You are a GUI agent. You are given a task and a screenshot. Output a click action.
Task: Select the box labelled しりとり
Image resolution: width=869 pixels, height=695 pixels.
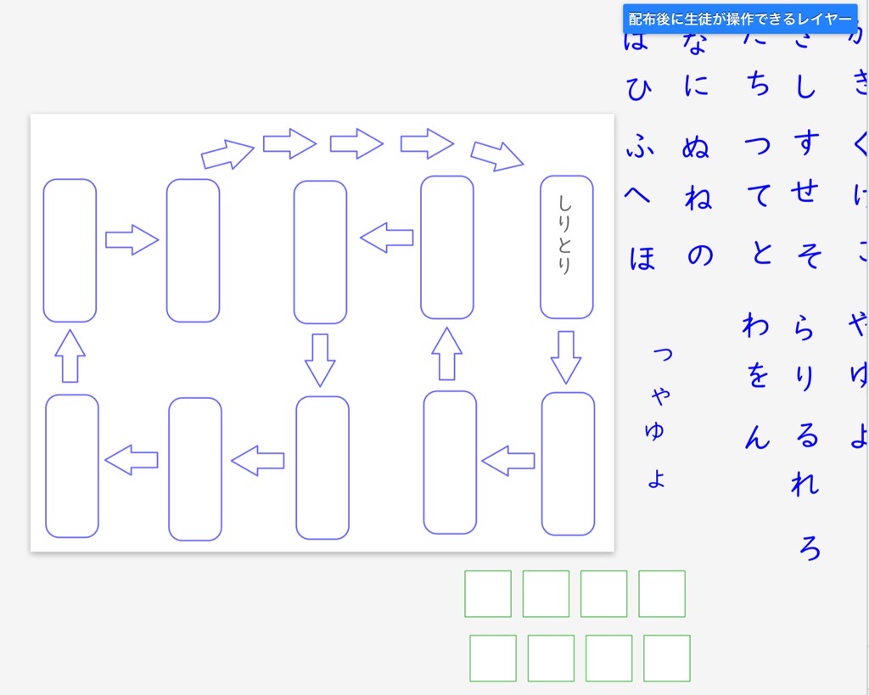click(566, 247)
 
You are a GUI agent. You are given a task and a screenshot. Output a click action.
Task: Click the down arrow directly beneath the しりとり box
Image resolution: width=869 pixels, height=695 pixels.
click(566, 356)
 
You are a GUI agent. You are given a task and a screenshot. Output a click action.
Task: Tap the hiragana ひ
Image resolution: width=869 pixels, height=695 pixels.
click(637, 87)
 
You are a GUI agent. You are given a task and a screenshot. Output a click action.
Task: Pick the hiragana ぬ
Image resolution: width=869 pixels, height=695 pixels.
click(695, 148)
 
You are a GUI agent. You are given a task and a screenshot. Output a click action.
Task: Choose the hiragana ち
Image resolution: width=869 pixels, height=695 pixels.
click(759, 85)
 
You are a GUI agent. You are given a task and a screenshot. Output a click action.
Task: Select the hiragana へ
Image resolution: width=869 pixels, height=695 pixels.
click(638, 196)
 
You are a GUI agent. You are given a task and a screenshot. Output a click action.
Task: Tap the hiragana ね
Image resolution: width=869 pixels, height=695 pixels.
click(698, 199)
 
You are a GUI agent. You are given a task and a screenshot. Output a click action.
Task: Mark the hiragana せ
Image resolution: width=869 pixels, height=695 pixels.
click(803, 193)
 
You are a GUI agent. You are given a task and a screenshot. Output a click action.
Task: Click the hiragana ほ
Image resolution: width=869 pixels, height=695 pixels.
click(642, 256)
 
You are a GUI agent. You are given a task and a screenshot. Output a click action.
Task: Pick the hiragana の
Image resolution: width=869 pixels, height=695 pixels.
click(700, 255)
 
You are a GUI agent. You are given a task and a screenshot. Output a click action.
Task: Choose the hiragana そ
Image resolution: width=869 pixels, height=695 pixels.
click(809, 254)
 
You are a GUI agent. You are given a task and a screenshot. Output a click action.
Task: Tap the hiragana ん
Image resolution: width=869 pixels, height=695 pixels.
click(757, 437)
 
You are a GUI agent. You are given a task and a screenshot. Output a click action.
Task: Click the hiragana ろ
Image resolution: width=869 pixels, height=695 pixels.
click(810, 547)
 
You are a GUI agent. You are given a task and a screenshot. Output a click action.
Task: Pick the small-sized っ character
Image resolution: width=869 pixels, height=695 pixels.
click(662, 354)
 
